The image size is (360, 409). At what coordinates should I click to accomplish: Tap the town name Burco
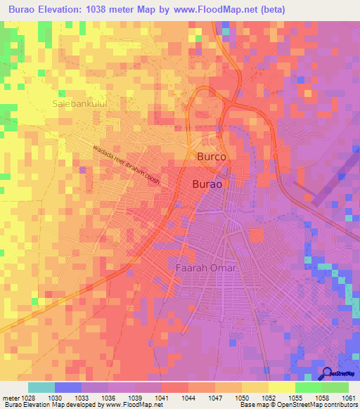212,157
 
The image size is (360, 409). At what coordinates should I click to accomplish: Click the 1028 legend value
27,397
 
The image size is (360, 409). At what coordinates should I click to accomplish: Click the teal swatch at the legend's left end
41,387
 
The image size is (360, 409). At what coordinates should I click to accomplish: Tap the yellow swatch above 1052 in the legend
281,387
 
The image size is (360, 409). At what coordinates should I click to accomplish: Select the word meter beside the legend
10,397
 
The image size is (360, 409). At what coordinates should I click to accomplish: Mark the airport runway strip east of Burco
330,180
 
